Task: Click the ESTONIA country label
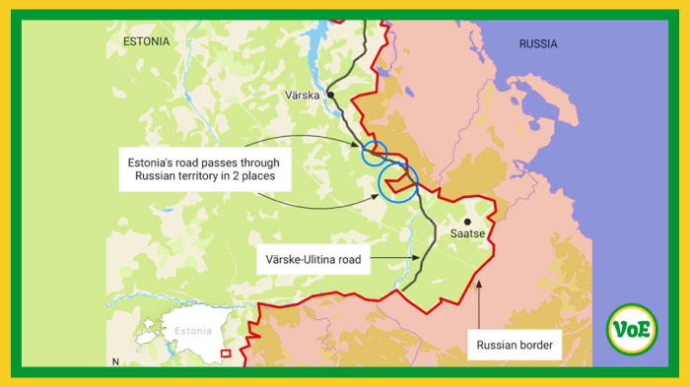point(146,41)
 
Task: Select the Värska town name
point(302,96)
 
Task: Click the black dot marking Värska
point(332,95)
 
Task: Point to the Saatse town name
point(467,234)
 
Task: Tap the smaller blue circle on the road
point(374,153)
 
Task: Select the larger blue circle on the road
point(398,182)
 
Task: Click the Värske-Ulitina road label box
point(312,261)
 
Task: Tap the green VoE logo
point(632,330)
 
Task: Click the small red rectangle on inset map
point(226,354)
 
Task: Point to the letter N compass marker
point(115,362)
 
